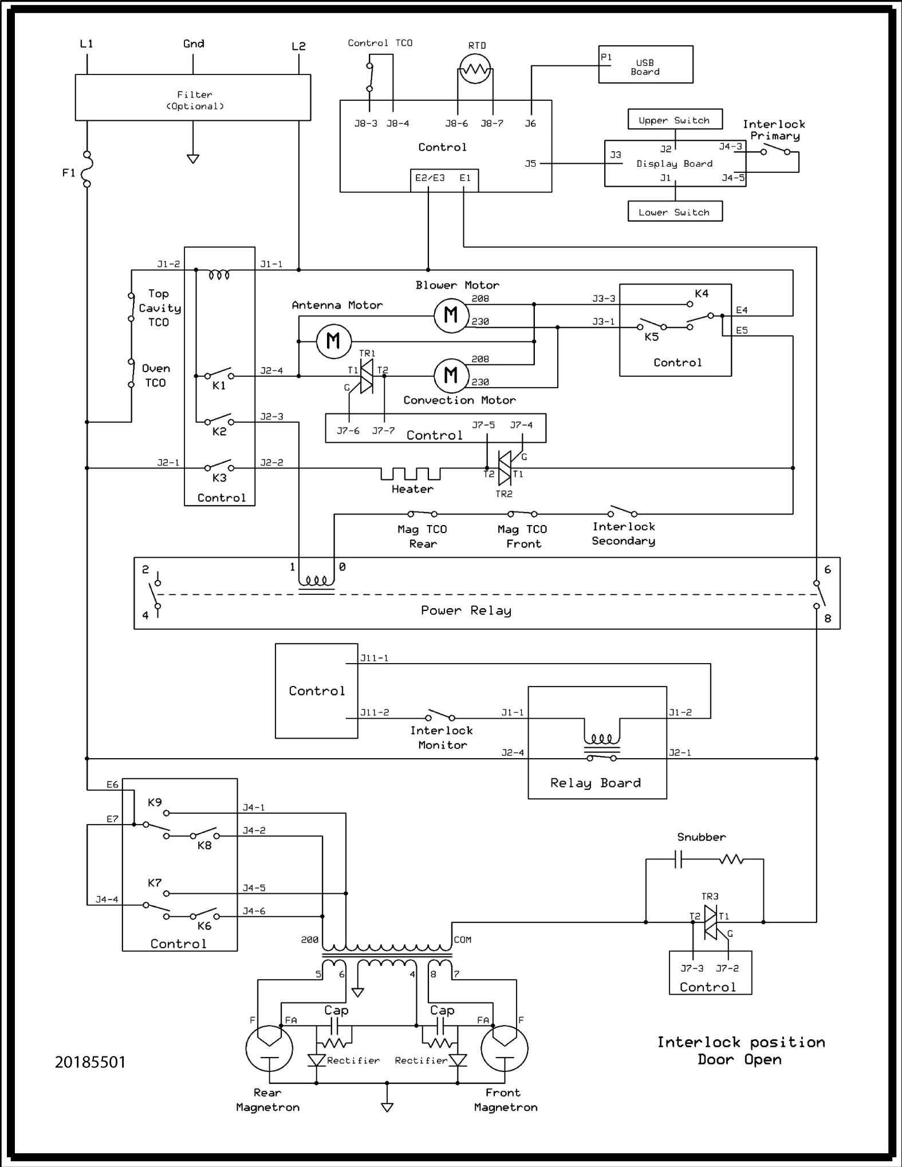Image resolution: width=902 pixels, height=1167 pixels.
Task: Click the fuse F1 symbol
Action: (x=87, y=169)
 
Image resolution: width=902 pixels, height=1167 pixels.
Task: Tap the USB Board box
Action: (x=645, y=65)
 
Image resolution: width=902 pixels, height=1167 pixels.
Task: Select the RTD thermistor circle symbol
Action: (x=475, y=69)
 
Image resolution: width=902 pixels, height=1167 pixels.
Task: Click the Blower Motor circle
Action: (x=451, y=315)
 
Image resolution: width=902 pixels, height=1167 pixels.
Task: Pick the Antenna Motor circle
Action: (x=333, y=341)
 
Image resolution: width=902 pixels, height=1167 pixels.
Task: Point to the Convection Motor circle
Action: (x=451, y=376)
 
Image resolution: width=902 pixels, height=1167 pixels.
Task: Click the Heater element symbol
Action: (x=411, y=474)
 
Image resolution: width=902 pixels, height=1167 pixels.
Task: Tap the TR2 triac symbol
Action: (x=505, y=468)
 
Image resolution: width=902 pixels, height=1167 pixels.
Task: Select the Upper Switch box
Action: (x=675, y=120)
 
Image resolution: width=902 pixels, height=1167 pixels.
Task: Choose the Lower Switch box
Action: (x=675, y=211)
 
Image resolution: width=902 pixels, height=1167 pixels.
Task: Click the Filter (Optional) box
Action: (x=193, y=97)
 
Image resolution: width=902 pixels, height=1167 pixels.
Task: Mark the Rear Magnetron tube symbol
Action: (x=269, y=1049)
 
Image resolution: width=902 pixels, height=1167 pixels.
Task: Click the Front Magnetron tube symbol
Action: (x=504, y=1049)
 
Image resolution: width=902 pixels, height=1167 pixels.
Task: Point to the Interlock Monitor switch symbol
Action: (x=440, y=715)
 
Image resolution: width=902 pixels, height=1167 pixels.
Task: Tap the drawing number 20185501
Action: (x=90, y=1062)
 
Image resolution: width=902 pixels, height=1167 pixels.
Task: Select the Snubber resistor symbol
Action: (x=731, y=859)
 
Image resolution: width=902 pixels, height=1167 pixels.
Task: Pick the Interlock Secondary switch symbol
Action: (x=622, y=511)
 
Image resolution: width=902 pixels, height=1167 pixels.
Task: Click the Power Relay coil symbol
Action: (x=316, y=581)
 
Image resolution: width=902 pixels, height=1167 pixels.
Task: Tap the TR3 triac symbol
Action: (x=710, y=922)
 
